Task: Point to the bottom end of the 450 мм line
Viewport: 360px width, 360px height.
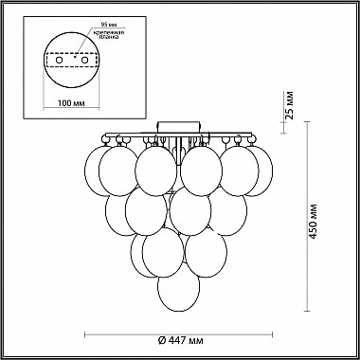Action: pos(311,310)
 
